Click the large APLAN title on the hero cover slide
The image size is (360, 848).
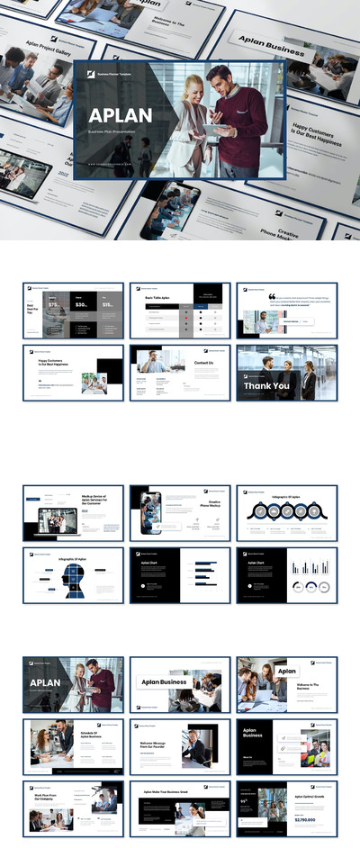pos(120,115)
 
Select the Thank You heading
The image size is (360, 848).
pos(267,386)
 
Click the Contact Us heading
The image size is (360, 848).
pos(203,363)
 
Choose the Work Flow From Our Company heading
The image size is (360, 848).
pos(47,798)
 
